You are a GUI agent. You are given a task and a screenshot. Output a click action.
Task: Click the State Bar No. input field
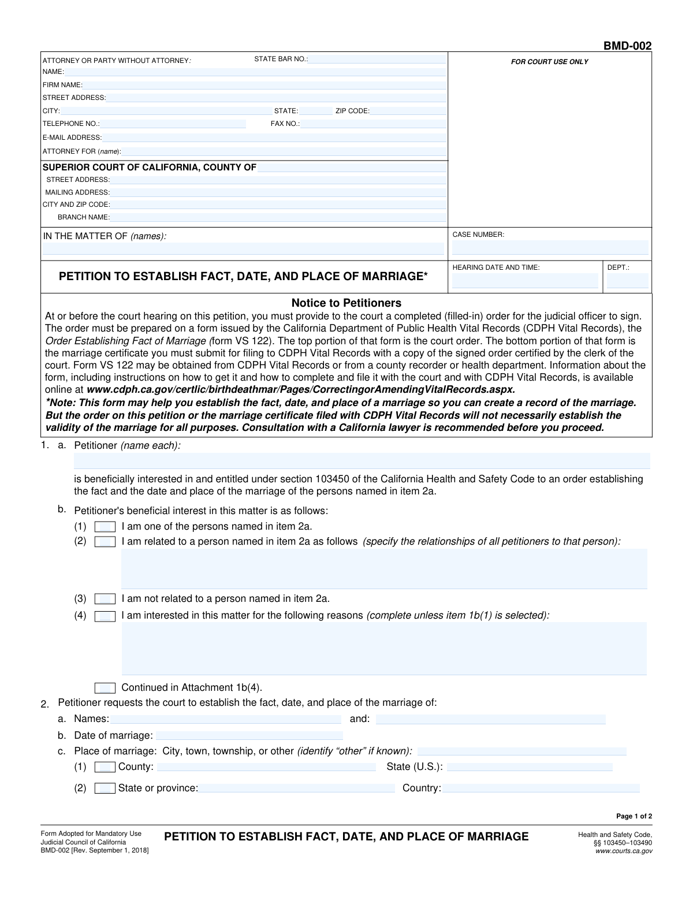[x=377, y=59]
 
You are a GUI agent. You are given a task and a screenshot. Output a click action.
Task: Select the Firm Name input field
[x=264, y=85]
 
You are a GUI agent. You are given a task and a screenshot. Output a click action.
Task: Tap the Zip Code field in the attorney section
[x=407, y=111]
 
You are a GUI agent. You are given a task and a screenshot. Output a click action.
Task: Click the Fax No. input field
[x=373, y=124]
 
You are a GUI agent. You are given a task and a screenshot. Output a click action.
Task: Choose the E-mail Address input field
[x=274, y=137]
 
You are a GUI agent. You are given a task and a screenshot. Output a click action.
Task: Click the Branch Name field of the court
[x=278, y=217]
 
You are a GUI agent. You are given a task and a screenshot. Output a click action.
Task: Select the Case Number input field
[x=550, y=248]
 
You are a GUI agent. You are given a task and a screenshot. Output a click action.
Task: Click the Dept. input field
[x=627, y=282]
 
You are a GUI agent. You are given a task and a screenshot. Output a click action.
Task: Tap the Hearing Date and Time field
[x=525, y=282]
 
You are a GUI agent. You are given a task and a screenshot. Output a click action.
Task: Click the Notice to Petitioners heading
[x=346, y=303]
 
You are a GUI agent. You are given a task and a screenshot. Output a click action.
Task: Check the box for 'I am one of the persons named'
[x=105, y=527]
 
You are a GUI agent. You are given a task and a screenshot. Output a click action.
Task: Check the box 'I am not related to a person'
[x=105, y=599]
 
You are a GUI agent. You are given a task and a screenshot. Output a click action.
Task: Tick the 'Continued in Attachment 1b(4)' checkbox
[x=105, y=688]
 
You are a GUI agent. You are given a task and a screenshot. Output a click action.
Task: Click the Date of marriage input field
[x=249, y=735]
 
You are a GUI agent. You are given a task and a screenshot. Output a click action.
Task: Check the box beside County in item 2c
[x=105, y=767]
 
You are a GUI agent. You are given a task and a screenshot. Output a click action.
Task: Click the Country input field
[x=541, y=788]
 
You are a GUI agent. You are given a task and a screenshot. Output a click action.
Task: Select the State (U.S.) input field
[x=530, y=767]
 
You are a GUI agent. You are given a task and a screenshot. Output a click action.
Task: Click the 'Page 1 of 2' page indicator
[x=634, y=816]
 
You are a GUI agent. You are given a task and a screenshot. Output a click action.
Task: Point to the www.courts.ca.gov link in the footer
[x=624, y=851]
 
